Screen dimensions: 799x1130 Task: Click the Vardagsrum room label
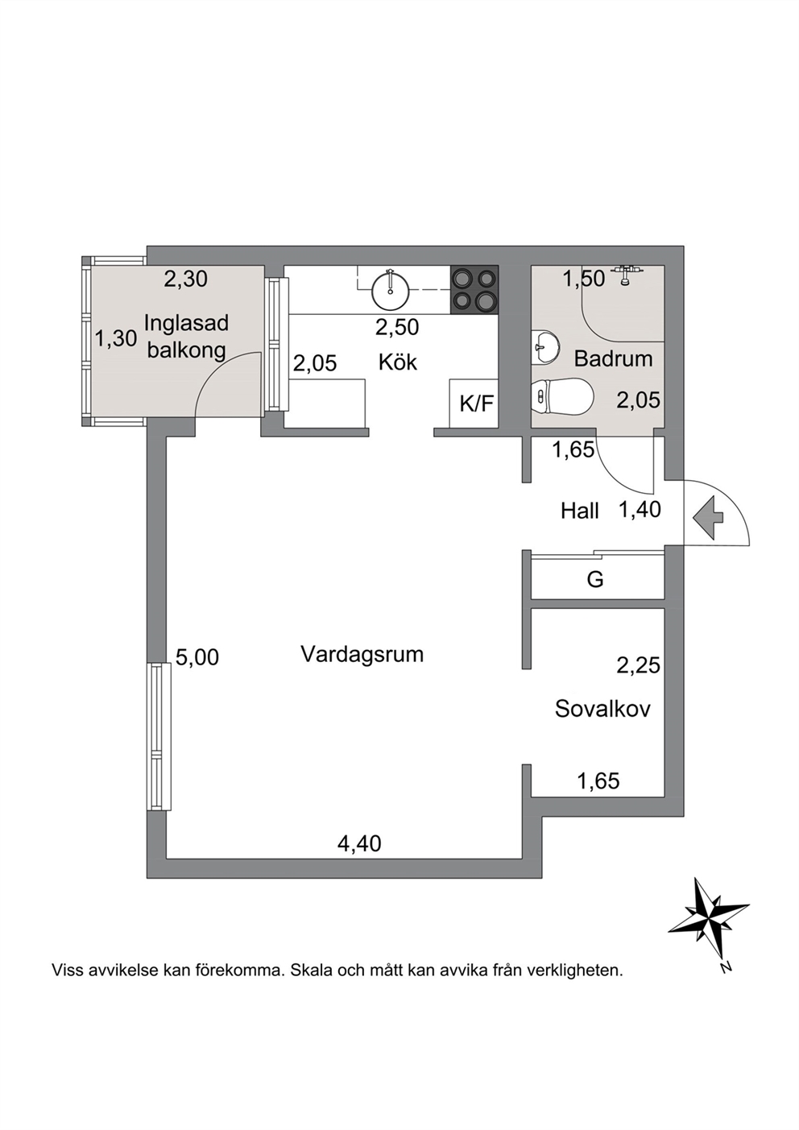(x=362, y=655)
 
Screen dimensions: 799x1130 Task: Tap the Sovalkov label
(x=602, y=709)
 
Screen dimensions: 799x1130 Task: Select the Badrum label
(x=614, y=358)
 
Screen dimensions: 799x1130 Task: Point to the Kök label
(x=398, y=362)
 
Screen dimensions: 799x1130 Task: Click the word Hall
(x=580, y=511)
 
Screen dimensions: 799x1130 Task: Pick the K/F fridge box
(x=474, y=403)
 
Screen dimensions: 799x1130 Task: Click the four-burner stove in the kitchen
(x=474, y=288)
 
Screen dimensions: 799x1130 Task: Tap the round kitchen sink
(x=389, y=289)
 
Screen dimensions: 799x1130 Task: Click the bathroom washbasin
(x=545, y=347)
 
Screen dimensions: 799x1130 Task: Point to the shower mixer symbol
(x=626, y=274)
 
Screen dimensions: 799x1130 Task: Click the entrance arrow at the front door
(x=709, y=517)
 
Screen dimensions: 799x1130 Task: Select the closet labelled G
(x=598, y=578)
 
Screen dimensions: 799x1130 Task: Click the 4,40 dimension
(x=359, y=843)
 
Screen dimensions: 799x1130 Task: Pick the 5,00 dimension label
(x=197, y=656)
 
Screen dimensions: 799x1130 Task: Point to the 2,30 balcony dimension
(x=185, y=279)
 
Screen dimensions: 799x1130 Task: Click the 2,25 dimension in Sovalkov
(x=638, y=666)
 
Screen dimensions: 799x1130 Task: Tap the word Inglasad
(x=186, y=323)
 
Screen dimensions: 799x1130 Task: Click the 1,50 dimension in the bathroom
(x=584, y=278)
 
